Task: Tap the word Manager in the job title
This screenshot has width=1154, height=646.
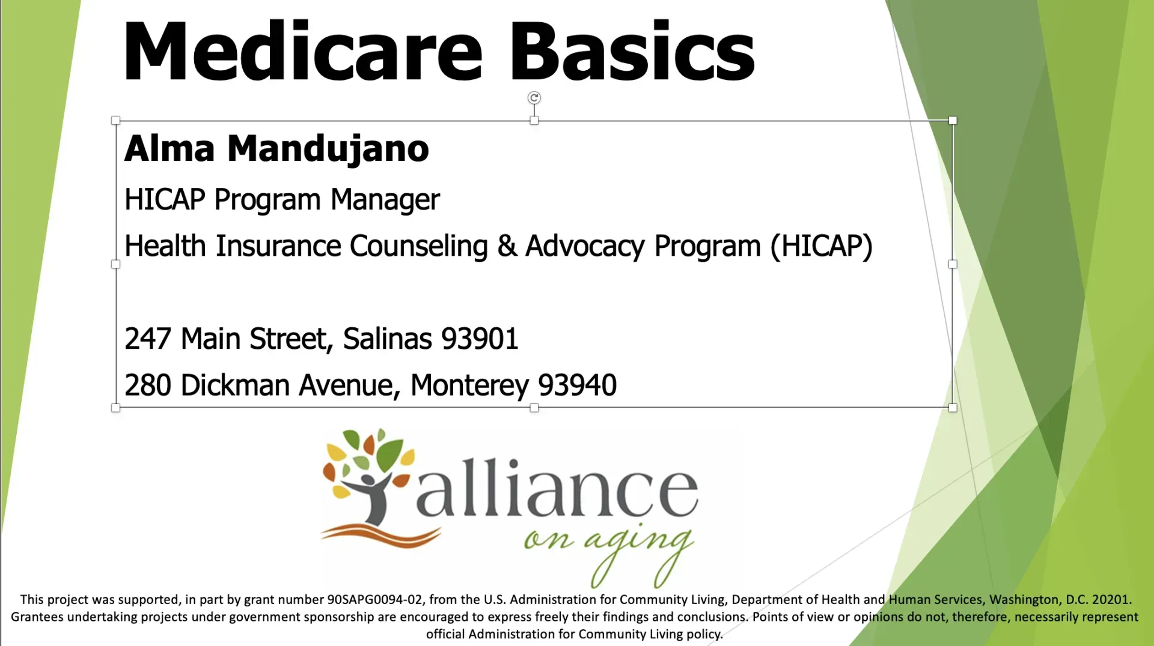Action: (385, 199)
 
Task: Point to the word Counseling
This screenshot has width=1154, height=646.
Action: (418, 246)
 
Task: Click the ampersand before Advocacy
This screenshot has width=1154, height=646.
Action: (507, 246)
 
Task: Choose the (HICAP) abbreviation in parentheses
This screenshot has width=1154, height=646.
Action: (822, 246)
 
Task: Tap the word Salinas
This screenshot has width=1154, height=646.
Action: (387, 339)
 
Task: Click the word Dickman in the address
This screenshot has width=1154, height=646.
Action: (235, 385)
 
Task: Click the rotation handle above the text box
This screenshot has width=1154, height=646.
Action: (534, 97)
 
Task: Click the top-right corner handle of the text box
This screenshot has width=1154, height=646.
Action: (953, 121)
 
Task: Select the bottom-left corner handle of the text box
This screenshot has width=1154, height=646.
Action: (116, 408)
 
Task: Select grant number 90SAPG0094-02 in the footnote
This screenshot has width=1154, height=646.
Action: (374, 600)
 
